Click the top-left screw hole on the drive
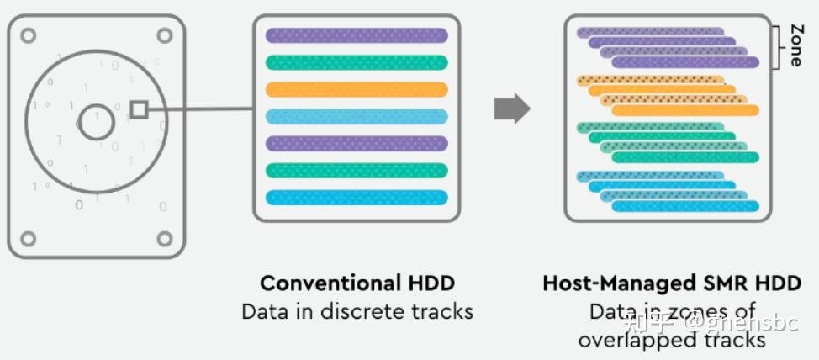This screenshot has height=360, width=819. [x=29, y=35]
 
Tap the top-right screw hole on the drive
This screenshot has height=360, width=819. [x=165, y=35]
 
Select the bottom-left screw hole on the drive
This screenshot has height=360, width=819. [x=29, y=238]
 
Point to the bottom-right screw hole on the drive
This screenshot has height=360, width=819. [x=165, y=238]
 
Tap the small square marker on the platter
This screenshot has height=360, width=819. [x=140, y=109]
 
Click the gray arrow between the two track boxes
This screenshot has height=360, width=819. [x=511, y=109]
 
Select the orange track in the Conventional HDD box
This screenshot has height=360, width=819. [x=357, y=89]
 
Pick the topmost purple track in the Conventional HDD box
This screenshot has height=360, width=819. [x=357, y=35]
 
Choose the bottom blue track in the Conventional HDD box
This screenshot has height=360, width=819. [x=357, y=197]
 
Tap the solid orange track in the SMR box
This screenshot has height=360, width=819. [x=684, y=110]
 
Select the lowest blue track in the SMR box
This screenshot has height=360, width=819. [x=684, y=206]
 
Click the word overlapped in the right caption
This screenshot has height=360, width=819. [x=642, y=340]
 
